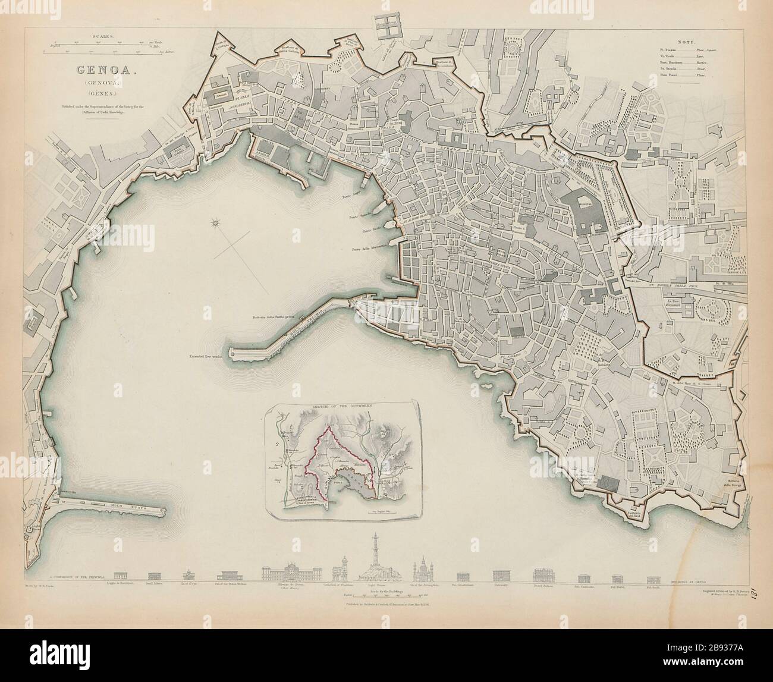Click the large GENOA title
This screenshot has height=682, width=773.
click(103, 70)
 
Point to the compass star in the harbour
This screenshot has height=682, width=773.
click(216, 224)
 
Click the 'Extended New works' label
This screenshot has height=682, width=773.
click(203, 357)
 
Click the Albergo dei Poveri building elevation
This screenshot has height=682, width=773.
click(291, 571)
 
